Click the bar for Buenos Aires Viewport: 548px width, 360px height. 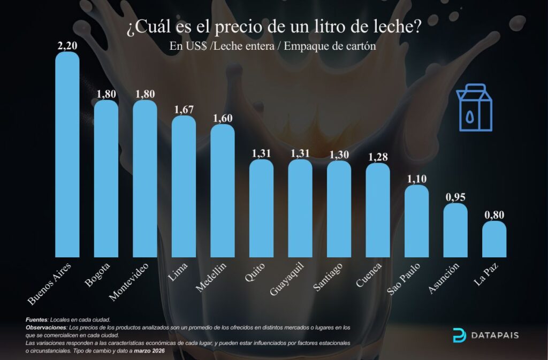pyautogui.click(x=67, y=155)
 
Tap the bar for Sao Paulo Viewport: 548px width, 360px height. pyautogui.click(x=416, y=221)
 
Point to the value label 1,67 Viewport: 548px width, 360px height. pyautogui.click(x=184, y=110)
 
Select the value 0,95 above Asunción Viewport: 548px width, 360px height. pyautogui.click(x=455, y=197)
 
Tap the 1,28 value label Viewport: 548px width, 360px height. pyautogui.click(x=378, y=157)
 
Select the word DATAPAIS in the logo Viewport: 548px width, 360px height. pyautogui.click(x=495, y=336)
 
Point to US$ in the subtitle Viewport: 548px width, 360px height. pyautogui.click(x=196, y=46)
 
